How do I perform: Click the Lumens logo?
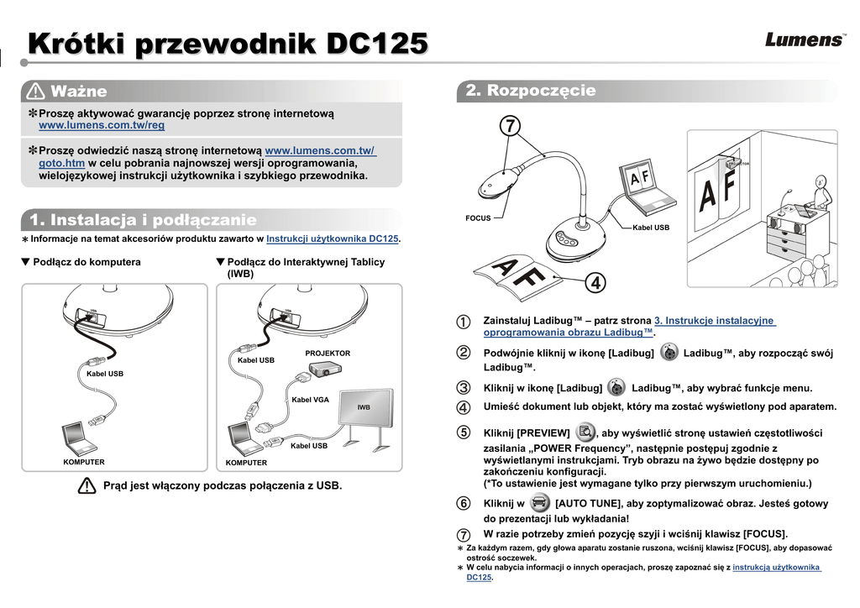805,39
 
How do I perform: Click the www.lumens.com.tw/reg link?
102,125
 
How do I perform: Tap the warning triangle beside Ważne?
35,91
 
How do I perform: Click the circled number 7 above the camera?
509,126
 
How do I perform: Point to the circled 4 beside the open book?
595,283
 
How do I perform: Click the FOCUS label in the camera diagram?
478,218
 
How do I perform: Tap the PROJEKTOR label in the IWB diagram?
328,354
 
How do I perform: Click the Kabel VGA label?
310,400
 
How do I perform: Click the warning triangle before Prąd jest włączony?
87,485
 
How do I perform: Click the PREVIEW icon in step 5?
584,432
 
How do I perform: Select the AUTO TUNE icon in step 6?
540,504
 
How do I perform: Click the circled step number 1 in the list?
464,322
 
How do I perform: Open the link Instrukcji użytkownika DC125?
332,239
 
